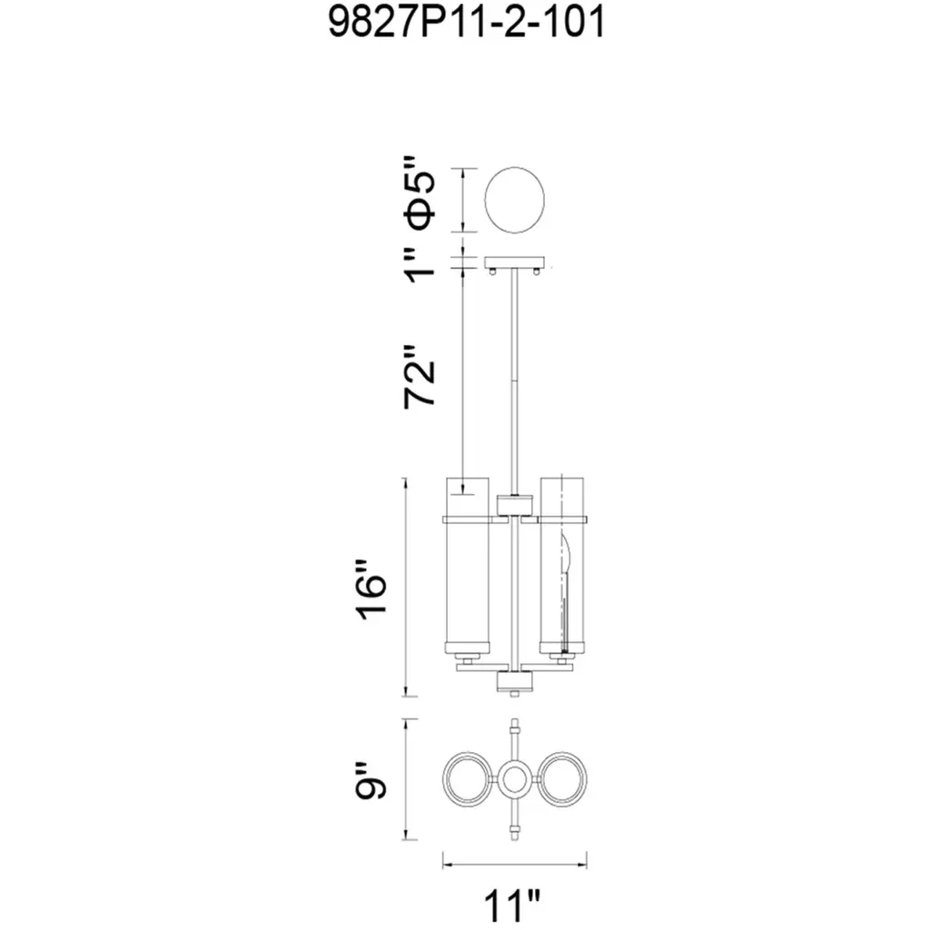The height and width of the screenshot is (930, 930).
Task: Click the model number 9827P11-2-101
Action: point(466,23)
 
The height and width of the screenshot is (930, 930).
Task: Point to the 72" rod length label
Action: point(420,377)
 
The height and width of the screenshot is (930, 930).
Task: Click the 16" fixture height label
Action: point(372,589)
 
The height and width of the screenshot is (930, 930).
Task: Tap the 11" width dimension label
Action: point(513,905)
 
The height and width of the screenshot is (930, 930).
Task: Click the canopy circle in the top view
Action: point(514,200)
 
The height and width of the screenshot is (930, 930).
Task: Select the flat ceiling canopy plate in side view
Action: point(514,262)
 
